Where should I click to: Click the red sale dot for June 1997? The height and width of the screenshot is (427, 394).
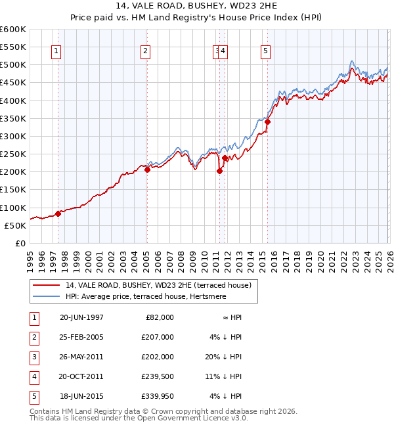(x=58, y=213)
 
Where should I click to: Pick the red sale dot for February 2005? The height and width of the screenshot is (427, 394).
(x=147, y=169)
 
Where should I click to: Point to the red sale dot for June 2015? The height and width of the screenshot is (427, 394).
(x=267, y=122)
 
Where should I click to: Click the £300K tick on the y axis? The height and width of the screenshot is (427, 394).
(x=13, y=137)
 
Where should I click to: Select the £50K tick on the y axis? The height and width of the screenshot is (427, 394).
(x=15, y=225)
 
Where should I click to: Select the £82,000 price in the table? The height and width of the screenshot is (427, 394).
(x=158, y=317)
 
